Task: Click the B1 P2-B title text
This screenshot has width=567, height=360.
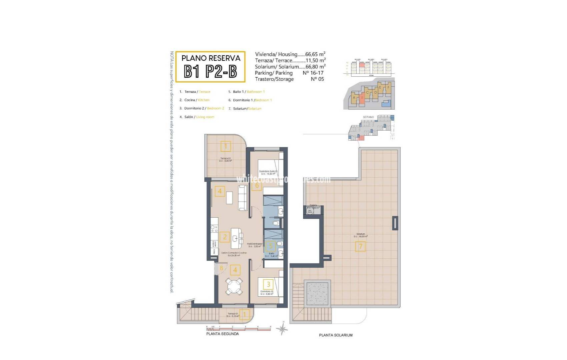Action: click(x=210, y=71)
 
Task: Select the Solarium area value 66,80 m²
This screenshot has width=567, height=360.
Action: click(x=315, y=67)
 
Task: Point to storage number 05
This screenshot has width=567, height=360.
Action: click(x=317, y=79)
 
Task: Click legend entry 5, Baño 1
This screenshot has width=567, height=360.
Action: click(x=246, y=92)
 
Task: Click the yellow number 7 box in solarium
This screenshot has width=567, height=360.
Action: click(x=360, y=247)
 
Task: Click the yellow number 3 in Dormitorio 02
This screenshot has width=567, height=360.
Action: click(x=268, y=284)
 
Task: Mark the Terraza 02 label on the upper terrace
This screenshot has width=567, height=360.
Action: click(x=225, y=159)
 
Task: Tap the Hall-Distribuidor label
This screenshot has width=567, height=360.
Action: click(x=255, y=244)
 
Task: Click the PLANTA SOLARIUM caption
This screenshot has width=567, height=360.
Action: click(x=336, y=335)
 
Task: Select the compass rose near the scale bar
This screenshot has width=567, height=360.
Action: click(x=282, y=329)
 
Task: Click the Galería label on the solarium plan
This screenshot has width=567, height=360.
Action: click(x=313, y=205)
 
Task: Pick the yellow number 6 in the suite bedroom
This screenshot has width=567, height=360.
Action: click(x=256, y=186)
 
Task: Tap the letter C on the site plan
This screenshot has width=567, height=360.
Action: click(x=367, y=93)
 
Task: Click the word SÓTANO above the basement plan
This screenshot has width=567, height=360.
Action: click(x=368, y=117)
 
